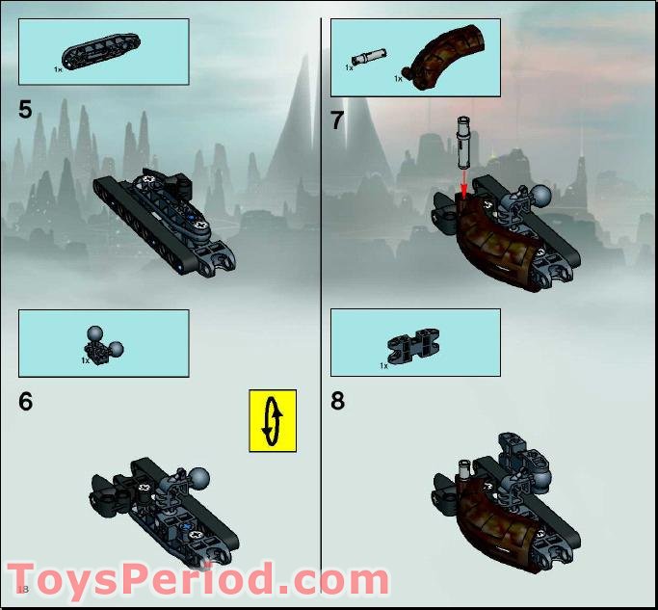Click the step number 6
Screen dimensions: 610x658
pos(26,402)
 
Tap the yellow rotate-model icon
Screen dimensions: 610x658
pos(273,420)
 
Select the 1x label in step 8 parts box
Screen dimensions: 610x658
pos(383,366)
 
